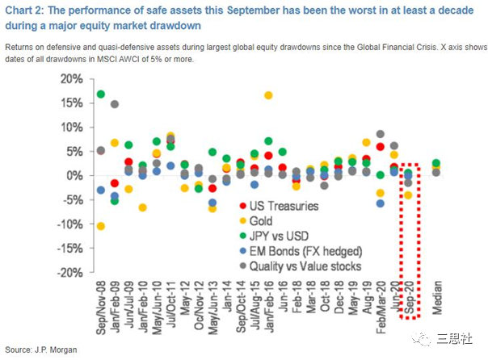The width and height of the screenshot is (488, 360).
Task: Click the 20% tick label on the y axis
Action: pyautogui.click(x=70, y=79)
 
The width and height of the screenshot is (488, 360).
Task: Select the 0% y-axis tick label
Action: pyautogui.click(x=74, y=176)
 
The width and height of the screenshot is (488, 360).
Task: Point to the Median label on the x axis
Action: pyautogui.click(x=437, y=298)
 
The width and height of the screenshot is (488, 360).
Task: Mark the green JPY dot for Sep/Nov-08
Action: pyautogui.click(x=100, y=94)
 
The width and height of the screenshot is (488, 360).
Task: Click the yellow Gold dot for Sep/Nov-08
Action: pyautogui.click(x=100, y=226)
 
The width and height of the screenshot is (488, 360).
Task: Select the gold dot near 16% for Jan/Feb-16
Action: pyautogui.click(x=268, y=95)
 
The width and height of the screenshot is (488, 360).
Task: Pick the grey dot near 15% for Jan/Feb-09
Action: pyautogui.click(x=115, y=104)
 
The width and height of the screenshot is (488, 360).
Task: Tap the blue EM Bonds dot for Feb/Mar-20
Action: pyautogui.click(x=381, y=203)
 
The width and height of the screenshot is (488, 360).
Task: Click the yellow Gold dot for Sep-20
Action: pyautogui.click(x=408, y=195)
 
